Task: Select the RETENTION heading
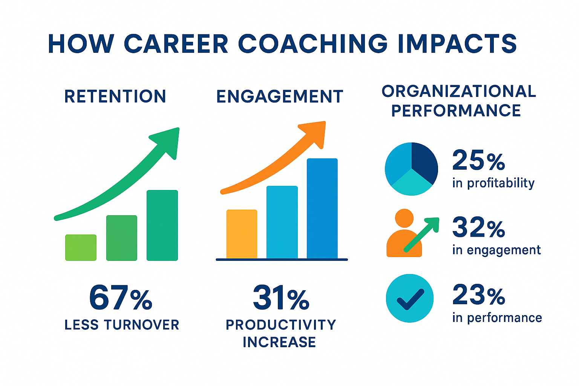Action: [115, 96]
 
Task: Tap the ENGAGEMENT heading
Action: [280, 96]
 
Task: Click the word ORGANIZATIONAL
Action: [459, 91]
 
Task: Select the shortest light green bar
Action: [81, 247]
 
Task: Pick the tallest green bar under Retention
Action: [162, 225]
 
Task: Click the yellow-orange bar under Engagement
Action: [242, 234]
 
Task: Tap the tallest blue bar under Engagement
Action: [322, 208]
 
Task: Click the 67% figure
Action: [121, 297]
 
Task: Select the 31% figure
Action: [281, 297]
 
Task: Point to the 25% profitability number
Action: [478, 160]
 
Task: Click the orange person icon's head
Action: [404, 218]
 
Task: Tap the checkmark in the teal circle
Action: [411, 299]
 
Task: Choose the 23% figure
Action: [479, 294]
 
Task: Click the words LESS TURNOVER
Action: [122, 325]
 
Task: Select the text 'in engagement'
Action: [496, 250]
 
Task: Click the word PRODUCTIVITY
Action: [281, 325]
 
